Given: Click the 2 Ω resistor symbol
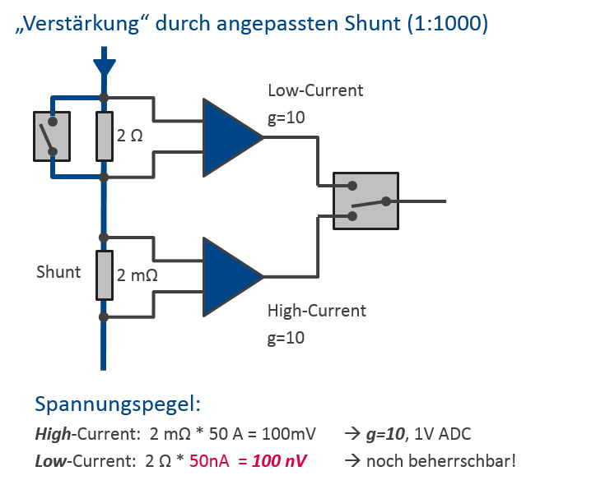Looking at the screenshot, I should click(104, 136).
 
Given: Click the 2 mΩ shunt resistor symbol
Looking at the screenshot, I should click(104, 276).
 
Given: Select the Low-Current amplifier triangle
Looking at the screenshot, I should click(230, 137).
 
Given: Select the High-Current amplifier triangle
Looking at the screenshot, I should click(230, 276).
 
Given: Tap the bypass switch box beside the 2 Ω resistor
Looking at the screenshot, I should click(51, 136).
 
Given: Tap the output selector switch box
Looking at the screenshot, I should click(366, 201).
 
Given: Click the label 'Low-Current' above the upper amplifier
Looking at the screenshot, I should click(315, 90).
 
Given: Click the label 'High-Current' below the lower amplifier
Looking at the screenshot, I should click(317, 311).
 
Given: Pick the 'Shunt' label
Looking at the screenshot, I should click(58, 272).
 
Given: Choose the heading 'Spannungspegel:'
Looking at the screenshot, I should click(118, 404).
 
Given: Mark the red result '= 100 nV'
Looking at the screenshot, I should click(272, 460).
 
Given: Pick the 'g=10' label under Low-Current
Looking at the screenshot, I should click(286, 118).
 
